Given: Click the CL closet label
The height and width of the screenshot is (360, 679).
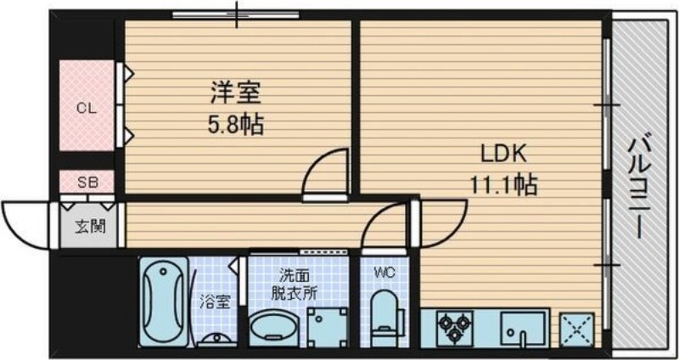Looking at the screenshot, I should pyautogui.click(x=86, y=108).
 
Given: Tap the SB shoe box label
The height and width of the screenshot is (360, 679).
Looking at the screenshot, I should pyautogui.click(x=86, y=182).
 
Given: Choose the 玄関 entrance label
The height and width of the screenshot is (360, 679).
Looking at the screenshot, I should pyautogui.click(x=85, y=227).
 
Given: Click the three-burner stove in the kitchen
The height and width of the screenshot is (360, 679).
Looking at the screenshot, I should pyautogui.click(x=451, y=327).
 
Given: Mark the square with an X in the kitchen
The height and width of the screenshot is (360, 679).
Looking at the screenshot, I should pyautogui.click(x=576, y=327).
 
